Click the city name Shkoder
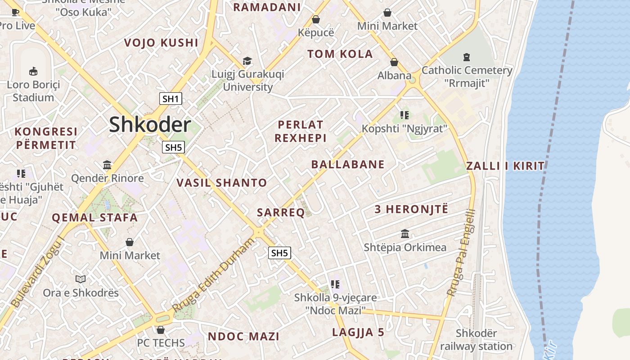(150, 125)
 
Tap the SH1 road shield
(171, 99)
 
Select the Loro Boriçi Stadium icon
(33, 71)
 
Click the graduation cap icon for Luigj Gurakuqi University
(247, 61)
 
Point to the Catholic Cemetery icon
(467, 57)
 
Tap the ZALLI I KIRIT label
(505, 166)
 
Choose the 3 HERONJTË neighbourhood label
(411, 209)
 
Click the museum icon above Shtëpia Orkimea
(405, 234)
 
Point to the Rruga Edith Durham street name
(213, 275)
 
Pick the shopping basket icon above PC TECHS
(161, 330)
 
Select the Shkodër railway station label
(476, 340)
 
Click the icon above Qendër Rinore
(107, 165)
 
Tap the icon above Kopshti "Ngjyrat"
(404, 115)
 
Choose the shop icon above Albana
(394, 62)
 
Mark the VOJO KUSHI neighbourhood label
(161, 43)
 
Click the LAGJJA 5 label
(358, 333)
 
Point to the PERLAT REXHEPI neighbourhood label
(301, 131)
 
